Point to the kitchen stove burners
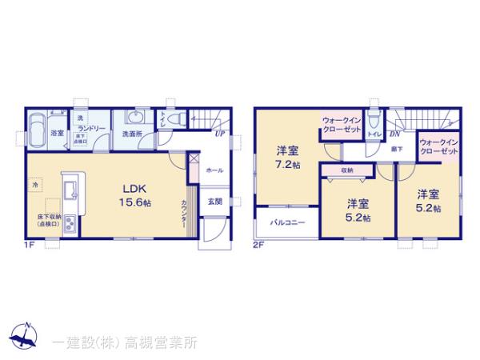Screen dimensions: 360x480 coord(70,222)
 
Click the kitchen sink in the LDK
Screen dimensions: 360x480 coord(70,191)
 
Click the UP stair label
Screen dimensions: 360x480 coord(218,134)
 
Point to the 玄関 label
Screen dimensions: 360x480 coord(215,202)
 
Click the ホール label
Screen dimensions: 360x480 coord(214,171)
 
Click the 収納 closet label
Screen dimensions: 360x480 coord(346,170)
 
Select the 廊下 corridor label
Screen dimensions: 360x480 coord(396,150)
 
